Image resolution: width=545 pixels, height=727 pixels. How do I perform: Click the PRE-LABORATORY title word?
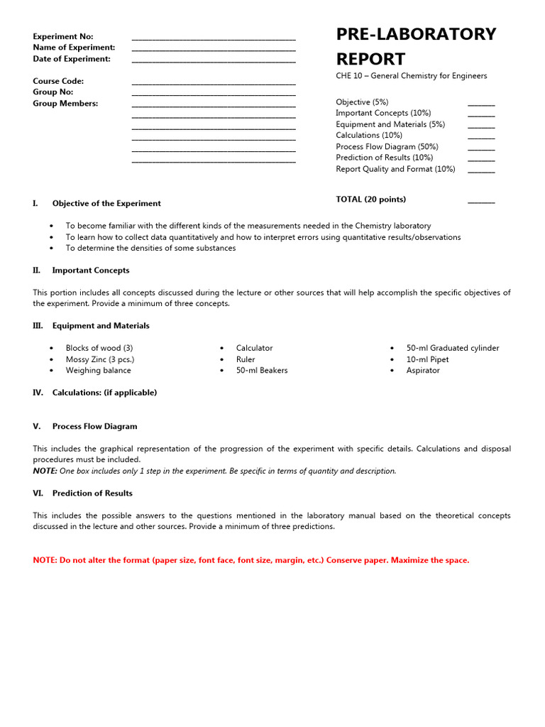416,34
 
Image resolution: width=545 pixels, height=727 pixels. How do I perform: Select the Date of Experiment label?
72,59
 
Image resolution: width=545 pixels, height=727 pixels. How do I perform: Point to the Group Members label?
65,104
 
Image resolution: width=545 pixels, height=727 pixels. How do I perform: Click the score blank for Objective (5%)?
481,104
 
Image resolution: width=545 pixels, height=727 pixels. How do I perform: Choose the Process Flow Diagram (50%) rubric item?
387,147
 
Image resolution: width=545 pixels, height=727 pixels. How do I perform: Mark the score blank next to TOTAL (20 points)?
481,202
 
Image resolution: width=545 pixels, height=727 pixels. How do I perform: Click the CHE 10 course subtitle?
411,76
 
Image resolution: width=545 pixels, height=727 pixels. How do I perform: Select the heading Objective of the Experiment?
106,204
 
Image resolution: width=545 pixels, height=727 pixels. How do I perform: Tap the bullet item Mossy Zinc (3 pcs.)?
99,359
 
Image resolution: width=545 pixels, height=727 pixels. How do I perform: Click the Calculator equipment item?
254,348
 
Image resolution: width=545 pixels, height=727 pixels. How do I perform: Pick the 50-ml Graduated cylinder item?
452,348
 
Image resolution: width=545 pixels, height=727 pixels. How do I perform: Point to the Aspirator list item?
423,371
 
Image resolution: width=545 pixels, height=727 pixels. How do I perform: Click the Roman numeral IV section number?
38,393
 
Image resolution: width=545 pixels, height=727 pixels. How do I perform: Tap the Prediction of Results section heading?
92,493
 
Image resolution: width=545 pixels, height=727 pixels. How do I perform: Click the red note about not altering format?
251,560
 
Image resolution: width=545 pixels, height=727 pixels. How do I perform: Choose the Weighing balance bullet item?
98,371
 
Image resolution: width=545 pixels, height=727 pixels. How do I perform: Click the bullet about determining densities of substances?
150,248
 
